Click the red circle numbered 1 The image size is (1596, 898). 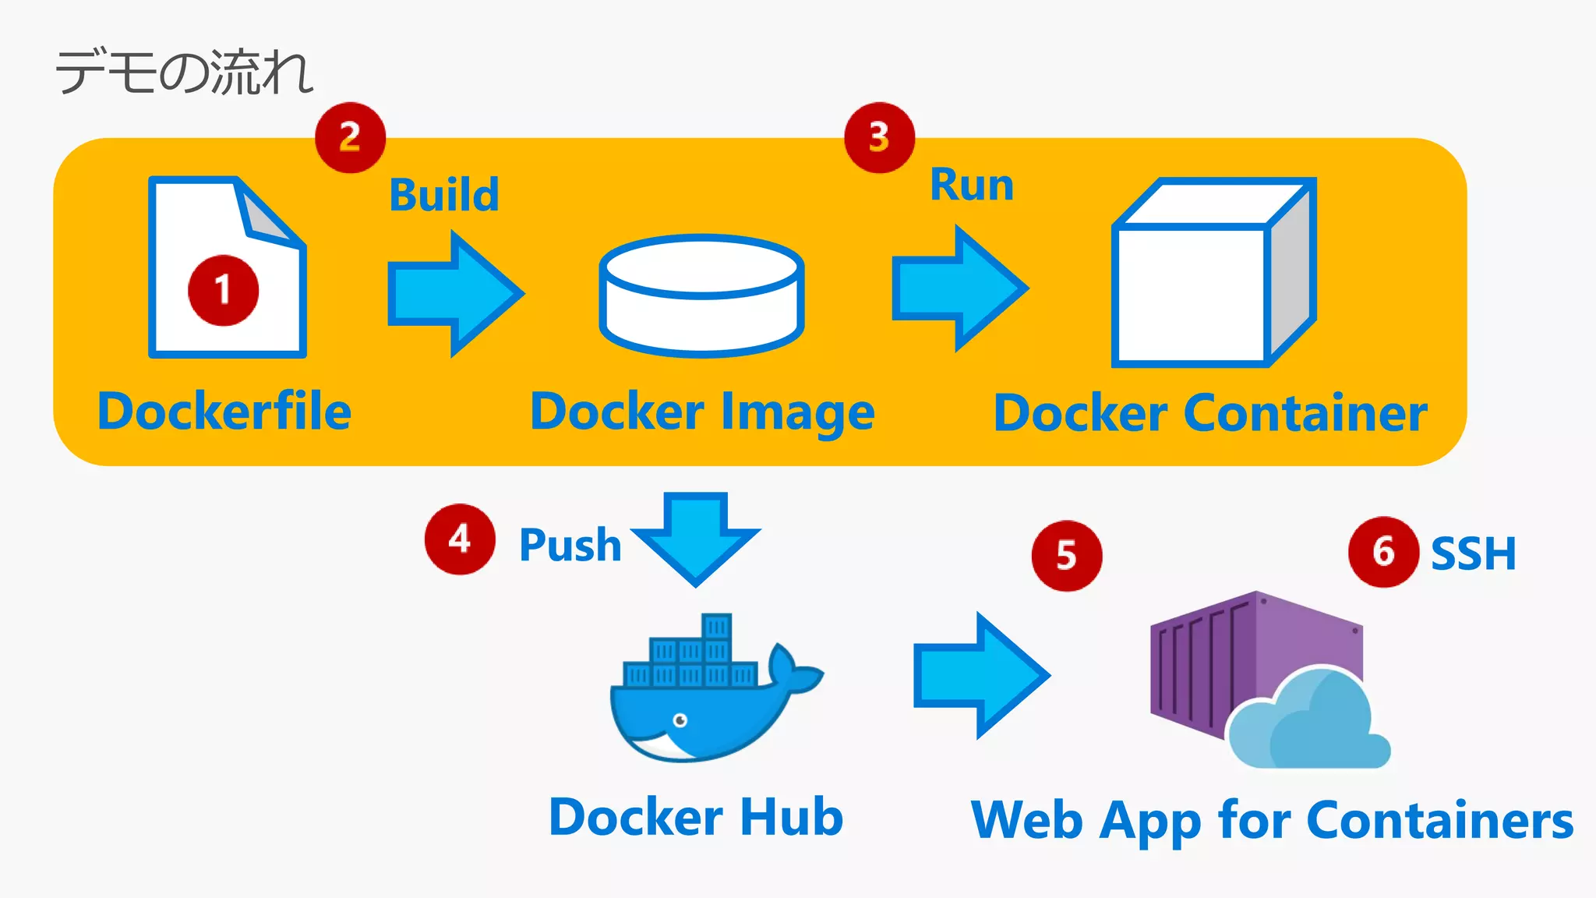pyautogui.click(x=223, y=290)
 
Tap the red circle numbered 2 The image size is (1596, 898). pyautogui.click(x=350, y=137)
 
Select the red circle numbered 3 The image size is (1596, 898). pyautogui.click(x=879, y=137)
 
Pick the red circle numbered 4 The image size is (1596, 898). pyautogui.click(x=460, y=539)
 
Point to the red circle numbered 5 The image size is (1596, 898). pyautogui.click(x=1066, y=556)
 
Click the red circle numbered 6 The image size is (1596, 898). pyautogui.click(x=1383, y=552)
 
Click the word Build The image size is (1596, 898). pyautogui.click(x=444, y=195)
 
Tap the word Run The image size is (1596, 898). pyautogui.click(x=972, y=186)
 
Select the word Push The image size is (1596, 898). pyautogui.click(x=570, y=545)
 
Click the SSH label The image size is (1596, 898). pyautogui.click(x=1473, y=554)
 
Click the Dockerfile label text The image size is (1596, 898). pyautogui.click(x=224, y=412)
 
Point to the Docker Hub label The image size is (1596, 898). pyautogui.click(x=696, y=817)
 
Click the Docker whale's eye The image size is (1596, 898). pyautogui.click(x=680, y=719)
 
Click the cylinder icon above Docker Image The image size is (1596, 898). pyautogui.click(x=701, y=296)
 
